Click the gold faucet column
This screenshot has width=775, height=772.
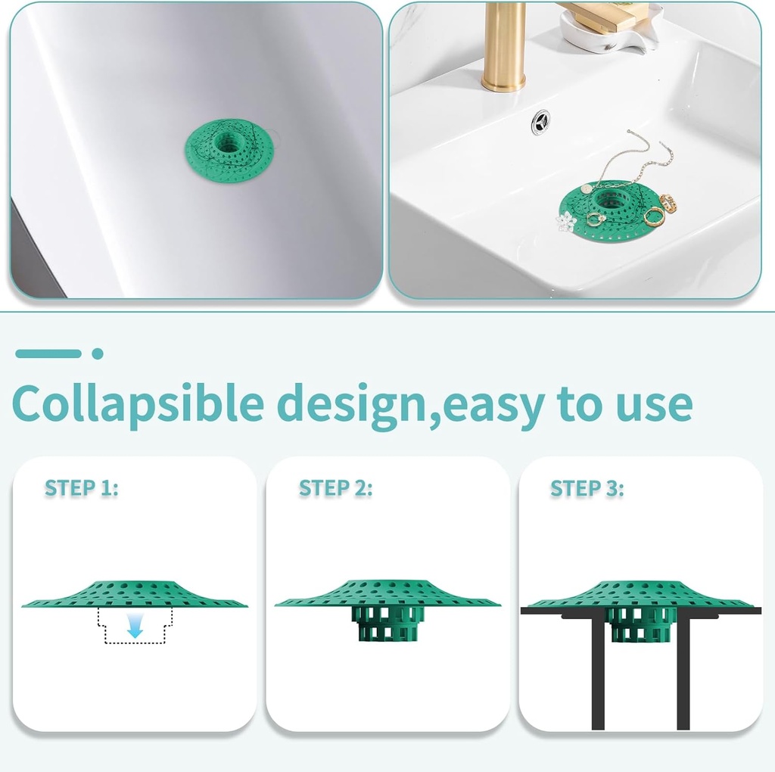(504, 45)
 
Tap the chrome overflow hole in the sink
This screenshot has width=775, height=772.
(540, 120)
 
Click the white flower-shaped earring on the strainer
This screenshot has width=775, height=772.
(565, 221)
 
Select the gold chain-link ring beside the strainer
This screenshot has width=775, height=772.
(668, 203)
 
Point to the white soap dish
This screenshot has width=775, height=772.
(605, 34)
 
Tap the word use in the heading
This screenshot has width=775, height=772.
(654, 405)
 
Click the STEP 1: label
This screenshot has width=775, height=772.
(81, 488)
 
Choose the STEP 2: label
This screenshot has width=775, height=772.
(335, 488)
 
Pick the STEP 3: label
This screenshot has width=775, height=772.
(587, 488)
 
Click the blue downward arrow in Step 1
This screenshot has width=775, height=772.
(135, 626)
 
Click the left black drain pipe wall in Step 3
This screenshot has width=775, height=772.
(598, 670)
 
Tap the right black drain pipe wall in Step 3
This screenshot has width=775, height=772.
(683, 670)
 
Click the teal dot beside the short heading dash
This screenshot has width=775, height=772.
(97, 353)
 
